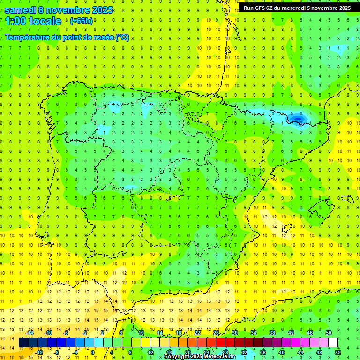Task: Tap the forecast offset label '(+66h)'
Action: (x=80, y=21)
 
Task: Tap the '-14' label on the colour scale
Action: (x=29, y=333)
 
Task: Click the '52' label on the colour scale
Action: (x=338, y=352)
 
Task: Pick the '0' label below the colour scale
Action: (x=93, y=352)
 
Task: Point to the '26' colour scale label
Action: (x=216, y=333)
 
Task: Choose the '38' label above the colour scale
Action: (x=272, y=333)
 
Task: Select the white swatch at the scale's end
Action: (x=333, y=343)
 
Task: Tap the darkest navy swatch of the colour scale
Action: (x=24, y=343)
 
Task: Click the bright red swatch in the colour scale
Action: (x=221, y=343)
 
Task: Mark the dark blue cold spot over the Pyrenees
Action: (x=298, y=119)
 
